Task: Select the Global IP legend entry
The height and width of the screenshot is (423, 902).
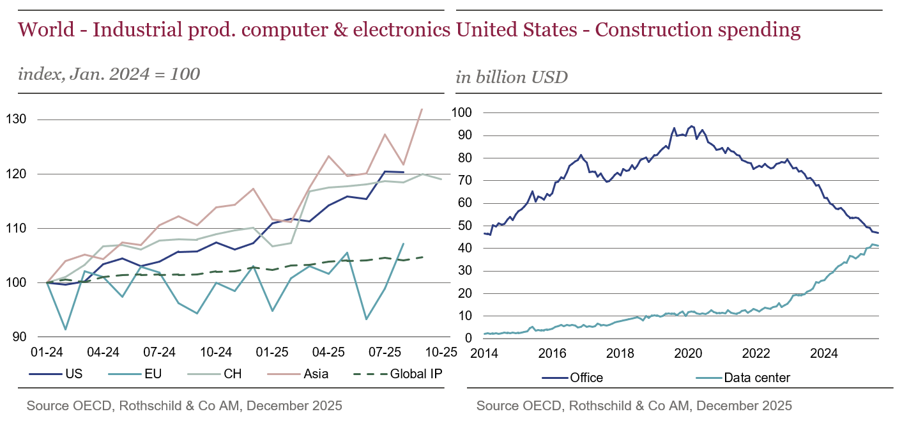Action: tap(415, 374)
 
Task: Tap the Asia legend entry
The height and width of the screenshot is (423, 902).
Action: tap(316, 374)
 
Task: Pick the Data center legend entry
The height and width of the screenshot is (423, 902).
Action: tap(757, 378)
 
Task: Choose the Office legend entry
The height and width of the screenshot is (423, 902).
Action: tap(586, 378)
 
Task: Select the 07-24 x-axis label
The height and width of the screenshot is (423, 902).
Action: tap(159, 353)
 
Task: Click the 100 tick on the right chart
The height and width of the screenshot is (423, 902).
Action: tap(461, 113)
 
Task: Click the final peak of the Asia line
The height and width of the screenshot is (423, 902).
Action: tap(422, 109)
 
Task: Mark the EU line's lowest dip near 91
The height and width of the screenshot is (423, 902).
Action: tap(65, 329)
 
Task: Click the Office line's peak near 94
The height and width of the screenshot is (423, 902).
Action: tap(691, 126)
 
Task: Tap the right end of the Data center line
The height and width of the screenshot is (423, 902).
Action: tap(878, 246)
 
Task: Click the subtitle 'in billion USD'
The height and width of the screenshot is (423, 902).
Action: tap(512, 78)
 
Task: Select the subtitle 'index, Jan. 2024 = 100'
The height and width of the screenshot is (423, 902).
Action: tap(109, 74)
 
